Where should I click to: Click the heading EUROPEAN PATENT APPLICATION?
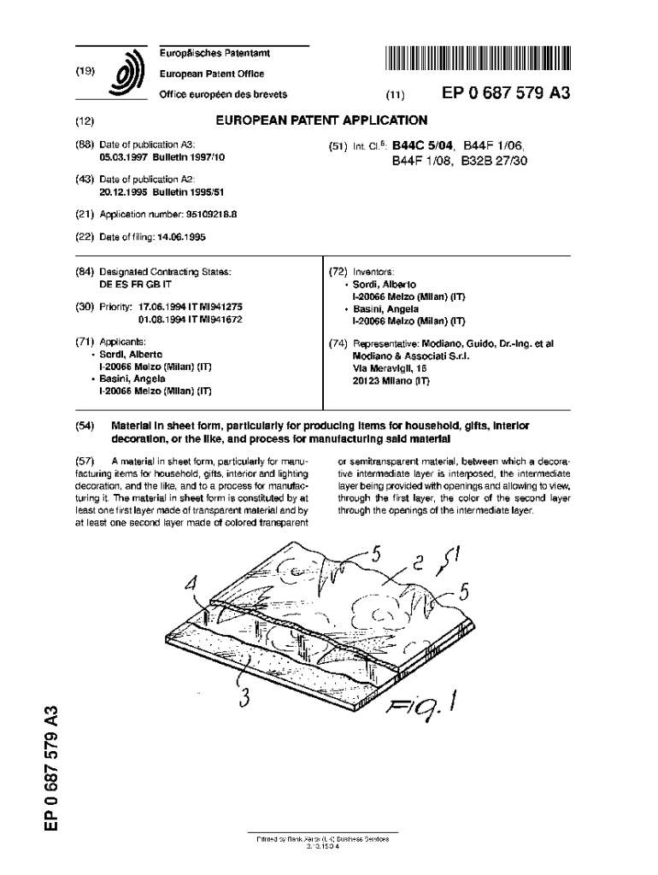click(x=321, y=120)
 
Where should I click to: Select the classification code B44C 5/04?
click(x=423, y=146)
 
